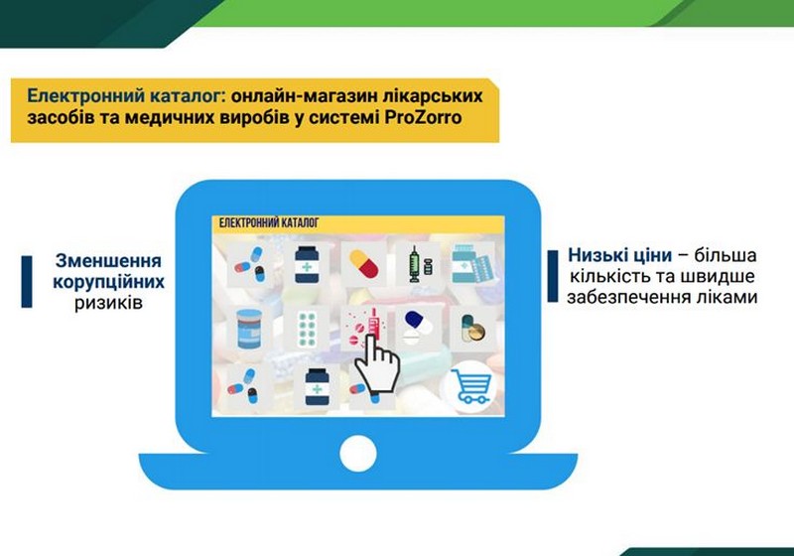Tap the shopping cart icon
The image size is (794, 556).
[x=470, y=387]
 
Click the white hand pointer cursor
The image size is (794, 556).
[x=377, y=362]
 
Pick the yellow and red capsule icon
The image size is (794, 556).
[x=363, y=264]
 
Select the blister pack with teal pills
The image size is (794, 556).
[x=307, y=329]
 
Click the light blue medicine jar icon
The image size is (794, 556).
[x=249, y=329]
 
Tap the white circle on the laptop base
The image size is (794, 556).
[x=358, y=454]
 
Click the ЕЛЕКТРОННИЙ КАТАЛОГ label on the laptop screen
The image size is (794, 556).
[x=269, y=222]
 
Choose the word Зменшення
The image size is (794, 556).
[x=108, y=261]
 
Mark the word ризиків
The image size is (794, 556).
[x=108, y=303]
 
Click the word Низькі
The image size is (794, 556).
[x=594, y=255]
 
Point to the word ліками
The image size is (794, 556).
[x=728, y=297]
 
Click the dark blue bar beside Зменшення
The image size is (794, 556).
[x=27, y=282]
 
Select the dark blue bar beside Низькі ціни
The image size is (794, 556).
[x=553, y=276]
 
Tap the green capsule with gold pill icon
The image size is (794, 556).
[x=473, y=328]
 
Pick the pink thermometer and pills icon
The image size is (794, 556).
[x=363, y=327]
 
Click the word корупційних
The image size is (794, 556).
[x=108, y=282]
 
